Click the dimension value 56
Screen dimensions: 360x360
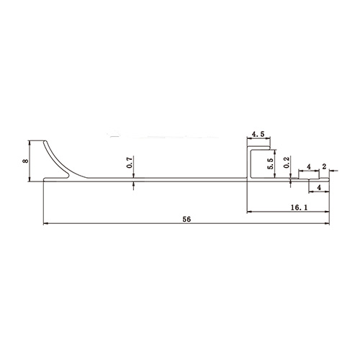pos(186,218)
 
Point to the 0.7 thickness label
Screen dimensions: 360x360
pos(130,163)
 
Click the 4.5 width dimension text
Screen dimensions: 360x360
pos(260,135)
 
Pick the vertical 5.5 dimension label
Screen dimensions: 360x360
pos(271,163)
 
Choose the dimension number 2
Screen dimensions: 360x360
pos(324,166)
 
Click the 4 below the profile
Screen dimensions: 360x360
pos(319,187)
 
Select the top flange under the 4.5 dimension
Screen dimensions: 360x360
pos(260,150)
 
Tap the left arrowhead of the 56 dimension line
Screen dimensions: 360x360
pos(46,223)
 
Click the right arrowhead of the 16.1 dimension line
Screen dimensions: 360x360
pos(328,212)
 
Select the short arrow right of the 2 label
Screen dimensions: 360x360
pos(333,171)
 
